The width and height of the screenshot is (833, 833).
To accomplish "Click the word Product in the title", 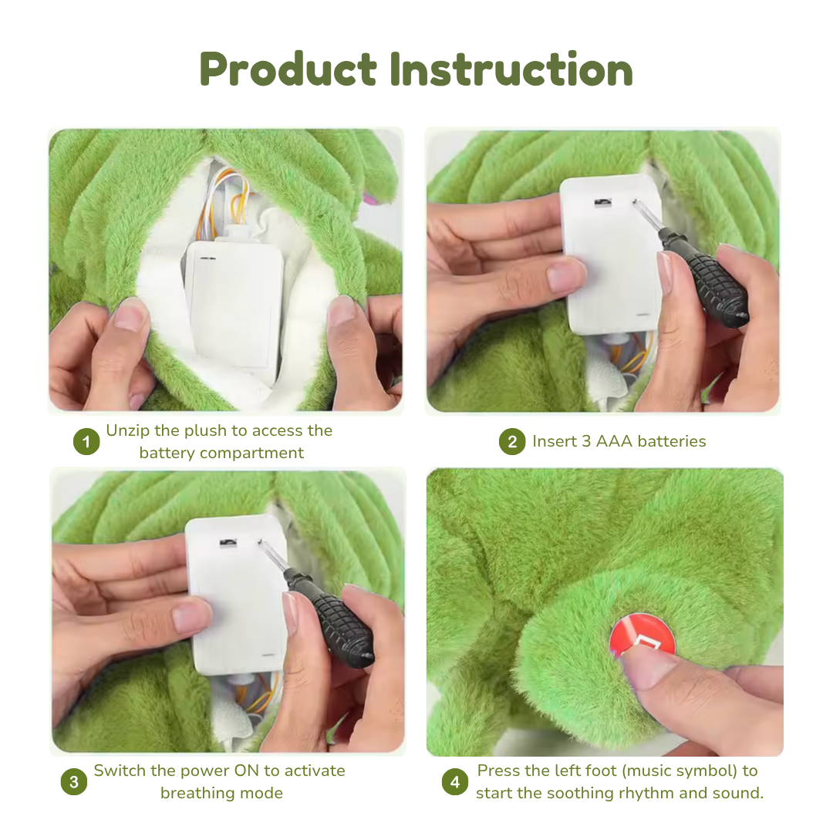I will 288,69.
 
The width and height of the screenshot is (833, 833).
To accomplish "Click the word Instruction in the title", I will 511,69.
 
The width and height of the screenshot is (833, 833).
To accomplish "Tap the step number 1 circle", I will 86,442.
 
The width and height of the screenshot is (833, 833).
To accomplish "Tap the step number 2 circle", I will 511,442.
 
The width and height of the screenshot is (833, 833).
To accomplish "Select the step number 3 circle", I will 73,782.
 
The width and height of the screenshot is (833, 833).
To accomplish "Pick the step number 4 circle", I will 455,782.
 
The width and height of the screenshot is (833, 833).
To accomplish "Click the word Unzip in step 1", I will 126,430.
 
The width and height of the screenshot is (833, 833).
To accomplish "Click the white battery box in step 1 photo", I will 234,301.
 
